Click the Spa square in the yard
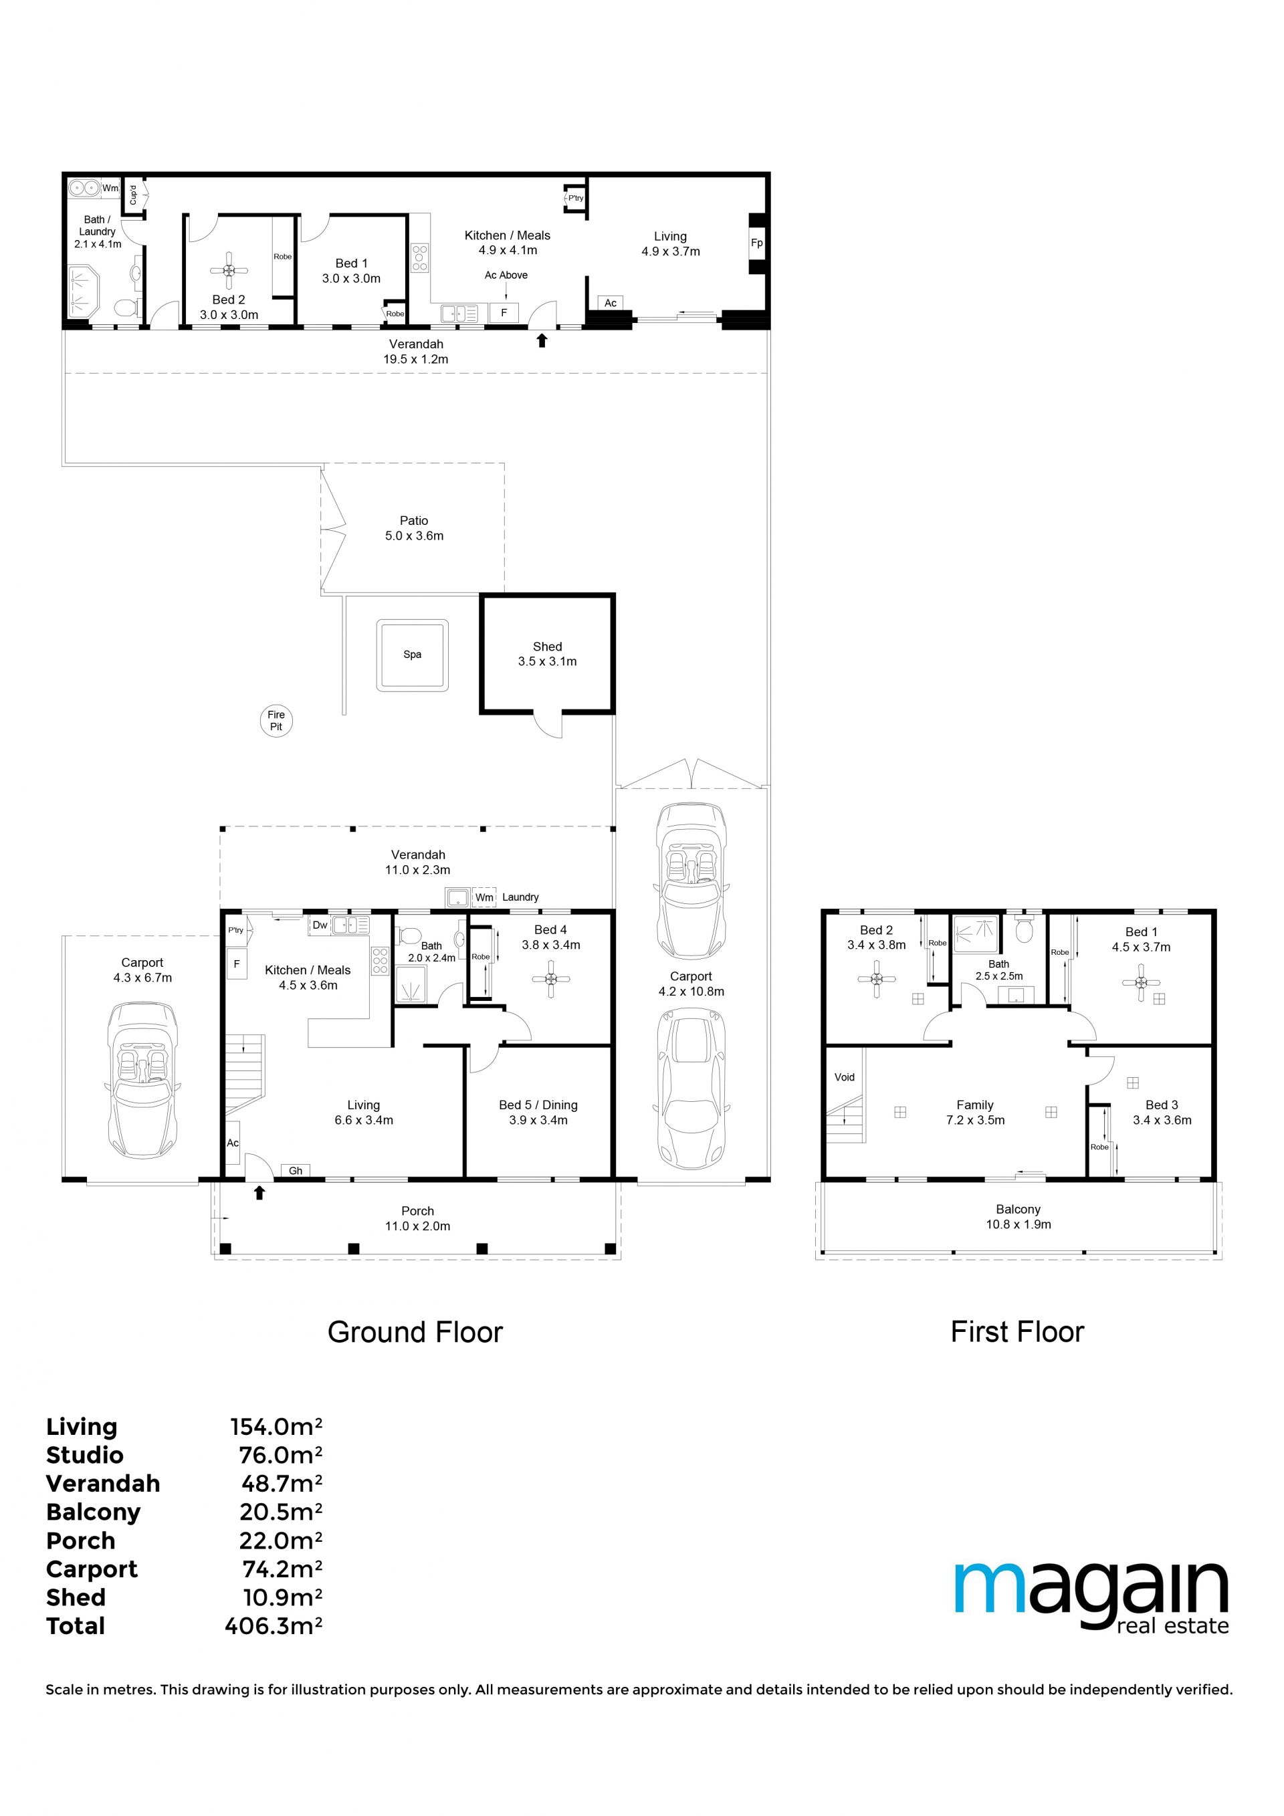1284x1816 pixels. point(412,654)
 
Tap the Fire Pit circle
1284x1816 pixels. point(276,721)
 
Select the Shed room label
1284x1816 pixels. point(548,654)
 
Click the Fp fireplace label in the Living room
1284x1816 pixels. point(757,243)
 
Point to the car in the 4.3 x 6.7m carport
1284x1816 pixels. point(142,1081)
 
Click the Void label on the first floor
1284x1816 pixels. point(844,1076)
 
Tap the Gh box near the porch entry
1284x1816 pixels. point(295,1171)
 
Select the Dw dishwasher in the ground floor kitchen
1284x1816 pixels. point(320,925)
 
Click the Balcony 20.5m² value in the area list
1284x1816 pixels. point(281,1512)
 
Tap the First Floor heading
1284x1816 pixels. point(1016,1332)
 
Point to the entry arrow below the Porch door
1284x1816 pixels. point(259,1193)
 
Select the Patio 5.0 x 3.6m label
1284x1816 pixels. point(414,528)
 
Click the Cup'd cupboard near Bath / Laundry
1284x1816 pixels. point(134,195)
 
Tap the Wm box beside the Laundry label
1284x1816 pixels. point(484,897)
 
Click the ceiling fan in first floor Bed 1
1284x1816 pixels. point(1141,982)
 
